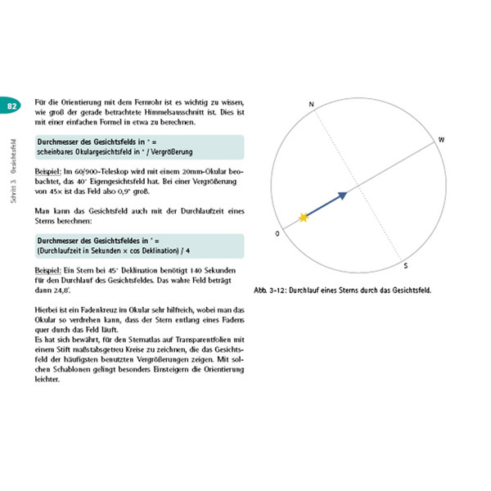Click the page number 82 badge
11,106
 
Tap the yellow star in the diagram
304,217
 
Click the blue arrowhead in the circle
343,195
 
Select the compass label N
312,104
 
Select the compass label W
441,140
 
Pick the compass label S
406,266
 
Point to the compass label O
278,233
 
